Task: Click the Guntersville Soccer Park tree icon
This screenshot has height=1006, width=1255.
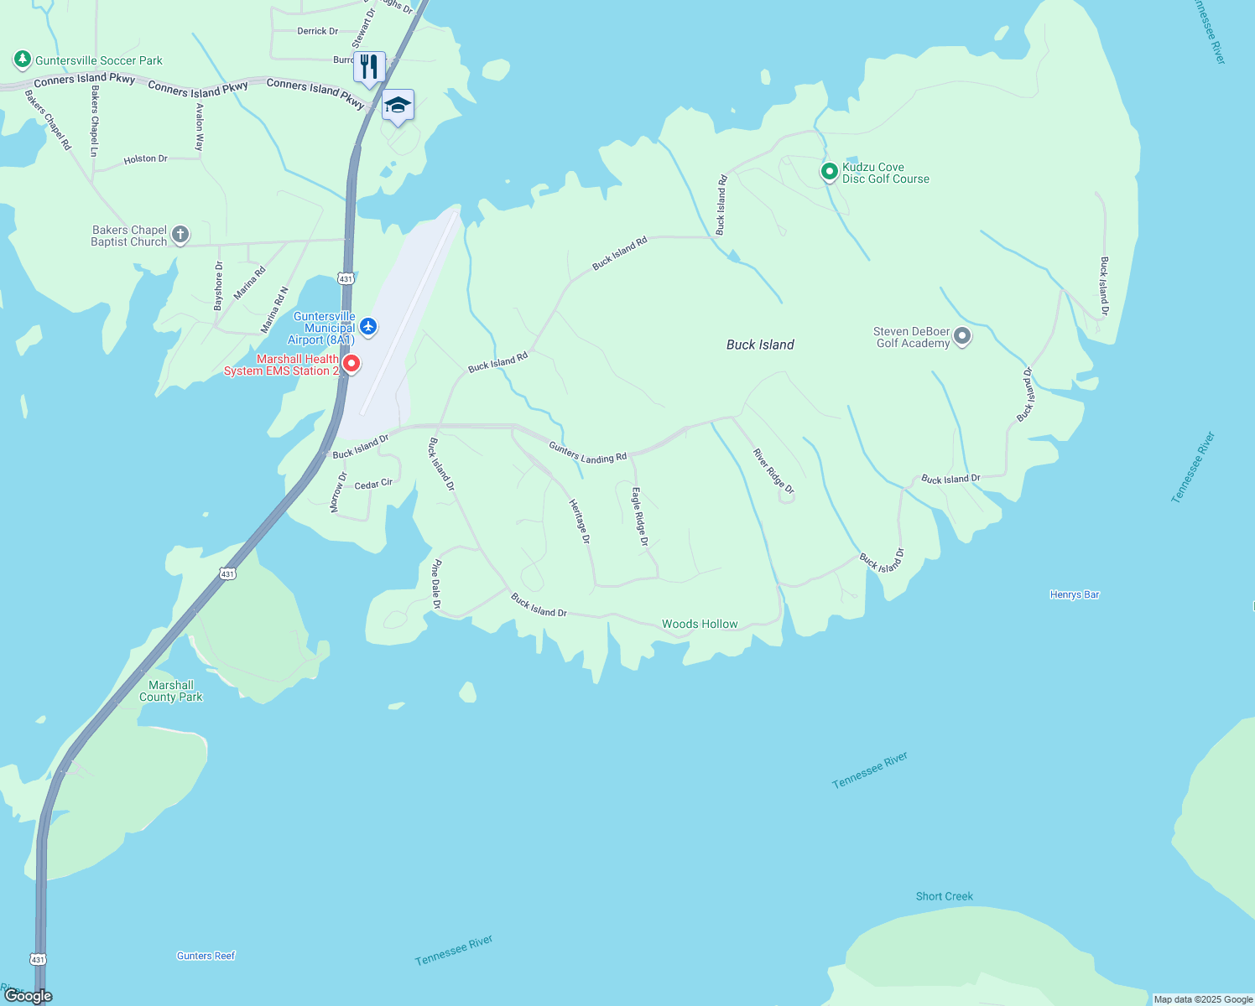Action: click(23, 60)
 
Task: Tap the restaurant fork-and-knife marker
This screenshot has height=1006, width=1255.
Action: click(369, 66)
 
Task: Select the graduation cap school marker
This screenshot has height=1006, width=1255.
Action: click(398, 106)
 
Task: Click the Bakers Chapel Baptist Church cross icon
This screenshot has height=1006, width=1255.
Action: click(180, 236)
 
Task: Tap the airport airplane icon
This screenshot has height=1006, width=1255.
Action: click(367, 326)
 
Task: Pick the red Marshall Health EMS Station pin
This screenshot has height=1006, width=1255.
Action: click(352, 363)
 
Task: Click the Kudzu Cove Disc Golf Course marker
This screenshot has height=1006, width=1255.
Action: click(829, 172)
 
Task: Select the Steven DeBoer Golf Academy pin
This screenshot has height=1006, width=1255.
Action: click(962, 336)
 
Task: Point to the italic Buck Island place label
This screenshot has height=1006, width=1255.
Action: click(760, 345)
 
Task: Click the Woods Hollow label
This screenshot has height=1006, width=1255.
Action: click(700, 624)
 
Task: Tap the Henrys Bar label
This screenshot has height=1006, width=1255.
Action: click(1075, 594)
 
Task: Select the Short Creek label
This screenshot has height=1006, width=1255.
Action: click(945, 896)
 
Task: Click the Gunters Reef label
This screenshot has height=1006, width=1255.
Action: click(206, 956)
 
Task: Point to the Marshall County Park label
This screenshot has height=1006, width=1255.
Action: click(171, 691)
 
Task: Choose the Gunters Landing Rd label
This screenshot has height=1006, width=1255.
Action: click(587, 453)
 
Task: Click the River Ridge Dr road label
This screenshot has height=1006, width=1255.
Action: click(773, 471)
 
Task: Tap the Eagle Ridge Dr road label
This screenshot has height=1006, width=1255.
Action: click(639, 516)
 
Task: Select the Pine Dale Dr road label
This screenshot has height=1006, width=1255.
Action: click(436, 584)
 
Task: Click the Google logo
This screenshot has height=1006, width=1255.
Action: click(28, 996)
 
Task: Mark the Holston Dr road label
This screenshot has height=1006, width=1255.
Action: click(146, 158)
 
